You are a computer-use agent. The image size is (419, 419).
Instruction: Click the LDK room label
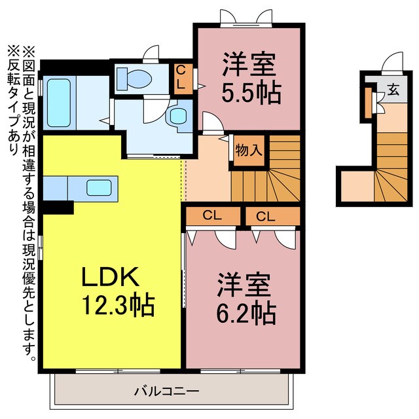coord(110,278)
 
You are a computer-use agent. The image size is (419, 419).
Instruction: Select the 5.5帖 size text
coord(251,92)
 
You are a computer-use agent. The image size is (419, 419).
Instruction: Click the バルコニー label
coord(166,391)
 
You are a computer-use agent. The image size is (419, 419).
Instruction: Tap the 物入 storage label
coord(249,150)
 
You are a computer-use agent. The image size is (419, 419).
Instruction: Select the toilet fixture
coord(136,79)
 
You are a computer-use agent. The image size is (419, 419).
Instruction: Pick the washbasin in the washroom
coord(177,116)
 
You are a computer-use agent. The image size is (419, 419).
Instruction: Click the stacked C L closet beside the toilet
coord(182,78)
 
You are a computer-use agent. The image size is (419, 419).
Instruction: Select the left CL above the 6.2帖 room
coord(211,215)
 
